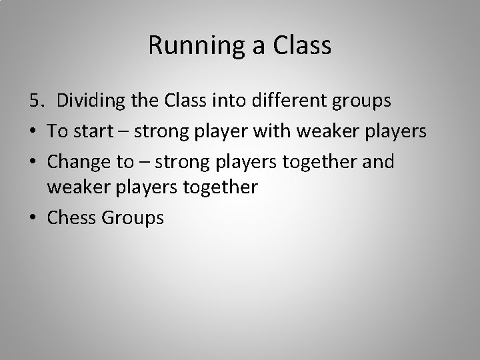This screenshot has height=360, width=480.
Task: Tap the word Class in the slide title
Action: coord(301,45)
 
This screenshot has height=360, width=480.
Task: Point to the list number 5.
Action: coord(35,101)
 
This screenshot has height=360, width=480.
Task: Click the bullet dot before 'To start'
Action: coord(34,131)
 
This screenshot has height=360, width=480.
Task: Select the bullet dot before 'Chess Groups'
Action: coord(34,218)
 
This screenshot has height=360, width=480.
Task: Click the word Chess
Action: coord(71,218)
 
